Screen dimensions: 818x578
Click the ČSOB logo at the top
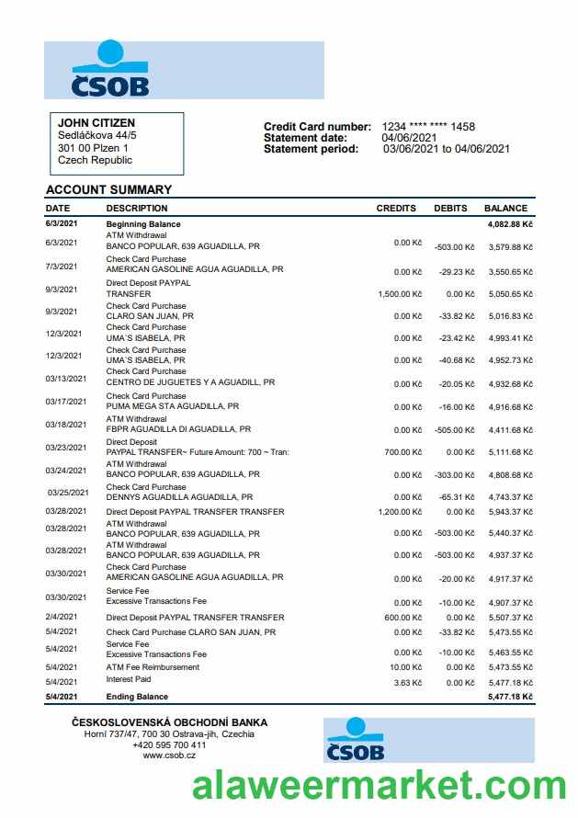[x=110, y=70]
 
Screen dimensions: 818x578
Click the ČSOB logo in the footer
[x=355, y=741]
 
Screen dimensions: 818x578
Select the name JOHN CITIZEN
[x=96, y=123]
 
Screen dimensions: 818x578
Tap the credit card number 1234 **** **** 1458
[x=428, y=127]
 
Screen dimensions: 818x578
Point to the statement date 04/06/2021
[x=409, y=138]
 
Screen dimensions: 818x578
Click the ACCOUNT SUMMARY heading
[x=108, y=190]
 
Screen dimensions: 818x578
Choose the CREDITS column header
[x=396, y=209]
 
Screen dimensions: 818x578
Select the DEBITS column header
[x=450, y=209]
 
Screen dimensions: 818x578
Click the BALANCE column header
[x=505, y=209]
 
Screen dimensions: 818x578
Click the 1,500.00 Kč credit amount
[x=400, y=294]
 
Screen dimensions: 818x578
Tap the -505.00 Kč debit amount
[x=455, y=430]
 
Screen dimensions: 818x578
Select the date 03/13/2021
[x=65, y=379]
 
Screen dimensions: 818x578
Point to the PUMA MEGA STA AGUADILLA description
[x=173, y=406]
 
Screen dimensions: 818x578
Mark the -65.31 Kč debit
[x=457, y=497]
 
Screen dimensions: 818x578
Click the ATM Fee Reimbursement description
[x=152, y=667]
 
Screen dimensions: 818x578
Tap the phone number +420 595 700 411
[x=169, y=745]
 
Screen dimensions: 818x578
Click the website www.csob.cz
[x=169, y=756]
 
